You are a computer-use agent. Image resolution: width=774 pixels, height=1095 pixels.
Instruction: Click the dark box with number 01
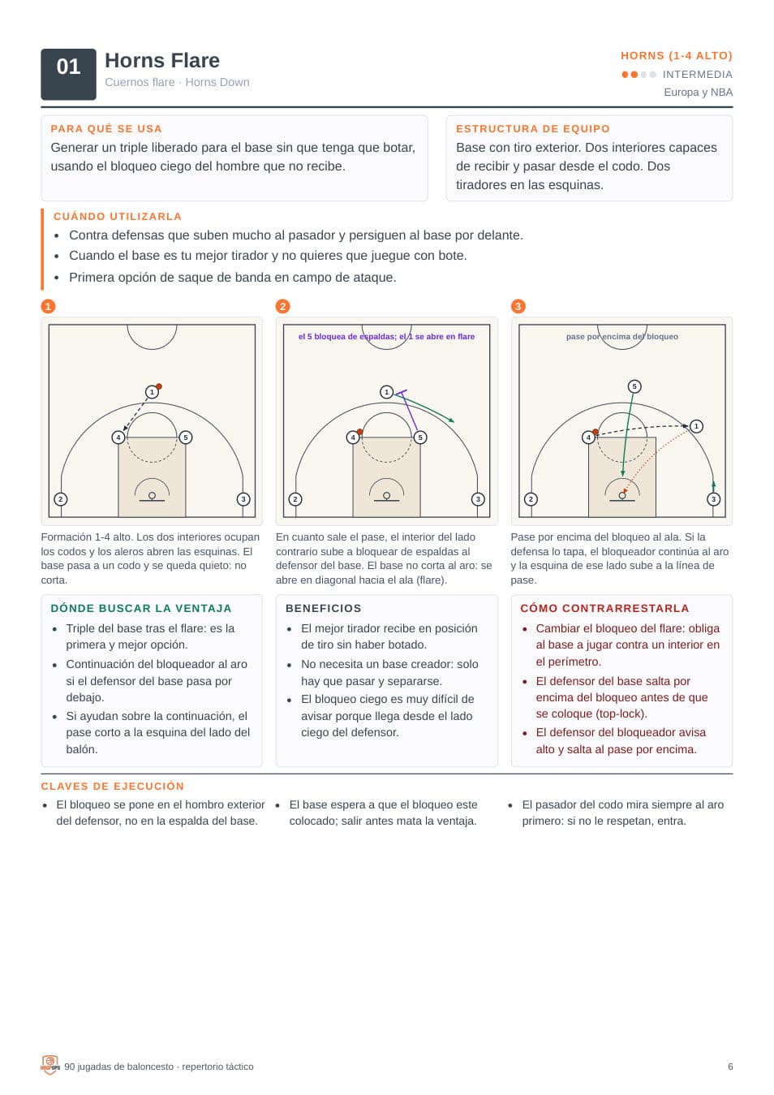[x=68, y=75]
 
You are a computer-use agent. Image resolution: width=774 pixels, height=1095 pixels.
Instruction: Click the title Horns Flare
[x=162, y=61]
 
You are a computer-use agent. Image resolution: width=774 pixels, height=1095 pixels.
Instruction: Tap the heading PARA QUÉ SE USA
[x=106, y=129]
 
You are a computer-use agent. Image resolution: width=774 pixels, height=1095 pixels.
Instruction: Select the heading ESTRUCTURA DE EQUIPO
[x=532, y=129]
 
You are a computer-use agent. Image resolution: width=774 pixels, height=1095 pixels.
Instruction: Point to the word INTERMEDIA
[x=697, y=75]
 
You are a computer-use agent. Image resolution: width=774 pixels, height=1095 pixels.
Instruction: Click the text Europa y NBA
[x=698, y=93]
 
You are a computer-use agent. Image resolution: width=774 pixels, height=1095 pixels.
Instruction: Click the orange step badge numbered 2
[x=283, y=307]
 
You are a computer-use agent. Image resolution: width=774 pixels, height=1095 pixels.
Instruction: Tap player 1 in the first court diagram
[x=152, y=392]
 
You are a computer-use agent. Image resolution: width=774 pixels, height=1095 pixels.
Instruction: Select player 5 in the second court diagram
[x=420, y=438]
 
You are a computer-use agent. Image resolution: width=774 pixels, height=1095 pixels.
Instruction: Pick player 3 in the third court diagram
[x=713, y=499]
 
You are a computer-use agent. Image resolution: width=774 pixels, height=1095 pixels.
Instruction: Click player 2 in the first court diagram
[x=61, y=499]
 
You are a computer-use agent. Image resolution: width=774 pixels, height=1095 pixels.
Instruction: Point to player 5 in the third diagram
[x=634, y=386]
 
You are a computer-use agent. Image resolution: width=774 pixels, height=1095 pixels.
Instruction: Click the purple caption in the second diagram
[x=386, y=336]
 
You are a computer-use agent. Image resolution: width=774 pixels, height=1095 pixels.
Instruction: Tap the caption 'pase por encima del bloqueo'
[x=622, y=336]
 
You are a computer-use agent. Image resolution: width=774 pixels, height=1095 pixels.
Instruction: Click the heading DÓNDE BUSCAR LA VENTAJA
[x=141, y=609]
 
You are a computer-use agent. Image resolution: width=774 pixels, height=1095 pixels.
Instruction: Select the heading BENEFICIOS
[x=324, y=609]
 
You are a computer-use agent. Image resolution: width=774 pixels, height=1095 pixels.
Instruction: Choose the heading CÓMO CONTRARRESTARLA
[x=605, y=609]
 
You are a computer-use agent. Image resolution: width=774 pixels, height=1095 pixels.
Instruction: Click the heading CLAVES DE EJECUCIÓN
[x=113, y=787]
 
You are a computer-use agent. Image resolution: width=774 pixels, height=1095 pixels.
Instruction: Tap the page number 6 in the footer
[x=730, y=1067]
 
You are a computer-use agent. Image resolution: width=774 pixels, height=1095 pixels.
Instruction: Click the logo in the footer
[x=49, y=1066]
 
